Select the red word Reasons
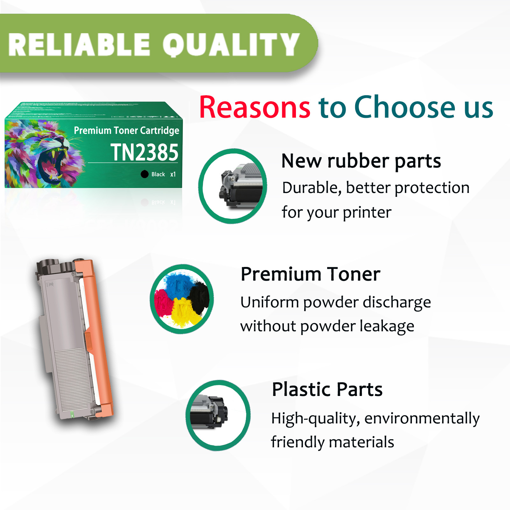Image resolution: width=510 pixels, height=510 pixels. pyautogui.click(x=255, y=107)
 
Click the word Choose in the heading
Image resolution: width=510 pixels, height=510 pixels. pyautogui.click(x=405, y=107)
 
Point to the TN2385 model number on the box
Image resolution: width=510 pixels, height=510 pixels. pyautogui.click(x=144, y=152)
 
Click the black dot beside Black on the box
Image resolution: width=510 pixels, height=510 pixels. pyautogui.click(x=145, y=174)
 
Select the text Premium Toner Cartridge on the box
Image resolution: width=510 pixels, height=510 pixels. pyautogui.click(x=126, y=130)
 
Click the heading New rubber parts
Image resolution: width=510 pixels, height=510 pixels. pyautogui.click(x=361, y=161)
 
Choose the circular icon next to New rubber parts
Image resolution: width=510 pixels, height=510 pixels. pyautogui.click(x=233, y=186)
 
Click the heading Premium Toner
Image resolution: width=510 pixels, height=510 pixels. pyautogui.click(x=310, y=274)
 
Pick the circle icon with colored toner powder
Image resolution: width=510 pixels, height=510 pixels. pyautogui.click(x=182, y=299)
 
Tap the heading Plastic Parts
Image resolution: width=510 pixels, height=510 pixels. pyautogui.click(x=327, y=389)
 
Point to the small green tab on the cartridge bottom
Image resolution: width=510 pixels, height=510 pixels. pyautogui.click(x=72, y=414)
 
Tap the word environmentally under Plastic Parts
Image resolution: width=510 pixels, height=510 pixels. pyautogui.click(x=422, y=419)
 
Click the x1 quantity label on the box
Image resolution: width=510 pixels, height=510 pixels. pyautogui.click(x=173, y=174)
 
